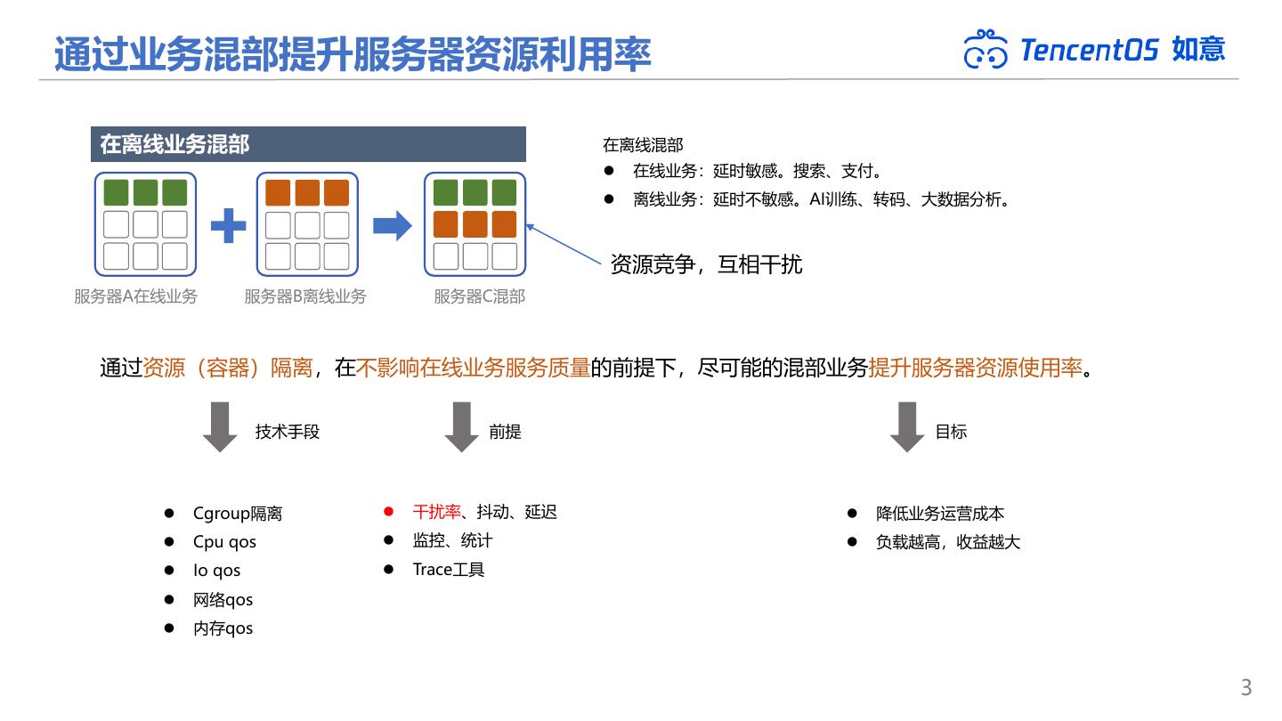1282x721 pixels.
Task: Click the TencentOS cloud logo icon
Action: (x=986, y=49)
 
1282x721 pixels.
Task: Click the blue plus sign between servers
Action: (x=228, y=225)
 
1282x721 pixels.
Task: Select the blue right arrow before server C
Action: (x=392, y=225)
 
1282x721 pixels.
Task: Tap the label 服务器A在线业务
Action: (x=135, y=296)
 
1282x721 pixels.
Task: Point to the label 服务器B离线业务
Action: (x=304, y=296)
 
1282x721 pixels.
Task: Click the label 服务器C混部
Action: (x=479, y=296)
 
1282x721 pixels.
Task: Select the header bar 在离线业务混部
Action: (x=308, y=144)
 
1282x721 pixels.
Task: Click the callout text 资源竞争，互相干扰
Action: (x=706, y=264)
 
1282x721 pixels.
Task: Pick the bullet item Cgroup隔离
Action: (x=237, y=514)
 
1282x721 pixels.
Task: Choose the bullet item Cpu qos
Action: (x=224, y=542)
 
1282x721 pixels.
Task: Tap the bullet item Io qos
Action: (x=216, y=571)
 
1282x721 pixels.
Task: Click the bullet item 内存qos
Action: (x=223, y=628)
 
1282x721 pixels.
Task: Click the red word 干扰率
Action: (x=436, y=512)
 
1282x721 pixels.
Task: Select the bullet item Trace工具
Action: (x=449, y=570)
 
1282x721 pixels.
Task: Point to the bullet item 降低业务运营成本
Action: (x=940, y=514)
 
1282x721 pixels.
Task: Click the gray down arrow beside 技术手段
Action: (x=220, y=427)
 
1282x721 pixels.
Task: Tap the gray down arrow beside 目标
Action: (x=907, y=427)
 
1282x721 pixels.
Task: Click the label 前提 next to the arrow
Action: (x=505, y=432)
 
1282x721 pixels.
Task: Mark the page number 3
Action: (x=1246, y=687)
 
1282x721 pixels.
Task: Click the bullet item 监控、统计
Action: (x=452, y=540)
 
